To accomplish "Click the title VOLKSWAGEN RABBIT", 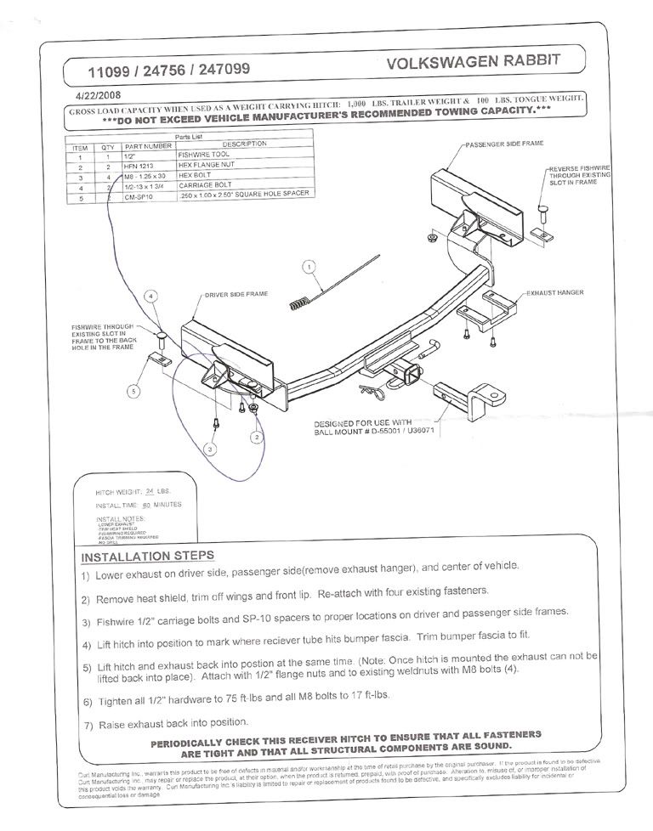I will click(473, 64).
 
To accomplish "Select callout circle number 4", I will click(150, 297).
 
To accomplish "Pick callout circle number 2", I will click(256, 437).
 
